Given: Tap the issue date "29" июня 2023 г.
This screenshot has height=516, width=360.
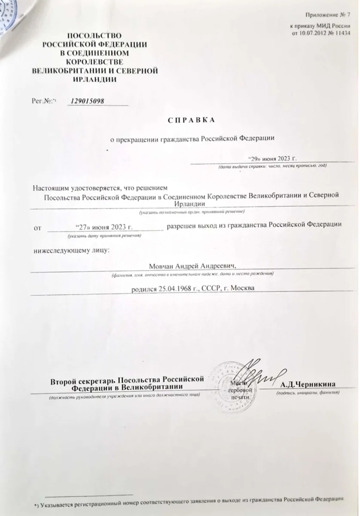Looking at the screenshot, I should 273,158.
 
